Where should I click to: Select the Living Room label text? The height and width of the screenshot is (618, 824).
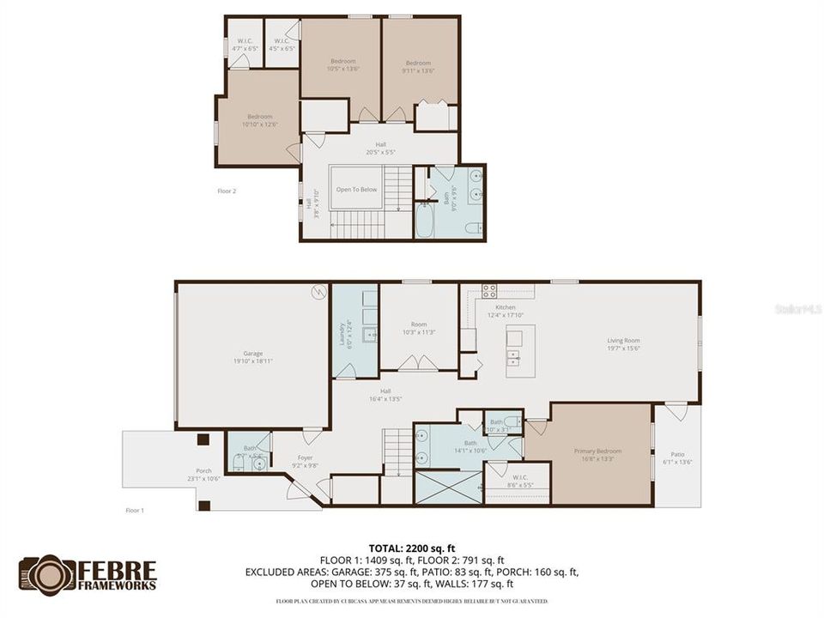point(624,343)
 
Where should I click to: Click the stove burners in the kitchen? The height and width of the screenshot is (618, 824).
point(489,291)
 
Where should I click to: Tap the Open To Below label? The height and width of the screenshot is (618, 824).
point(356,190)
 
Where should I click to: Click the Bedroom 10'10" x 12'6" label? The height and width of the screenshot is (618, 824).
point(259,121)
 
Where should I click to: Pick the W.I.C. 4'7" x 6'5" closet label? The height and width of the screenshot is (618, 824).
point(245,45)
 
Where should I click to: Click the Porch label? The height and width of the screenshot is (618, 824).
point(204,474)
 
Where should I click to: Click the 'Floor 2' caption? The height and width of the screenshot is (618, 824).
point(227,191)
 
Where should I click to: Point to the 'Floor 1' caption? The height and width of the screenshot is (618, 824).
point(136,510)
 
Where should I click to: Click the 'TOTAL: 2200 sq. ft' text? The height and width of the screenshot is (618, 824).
point(411,548)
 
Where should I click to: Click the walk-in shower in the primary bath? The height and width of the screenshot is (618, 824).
point(448,487)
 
